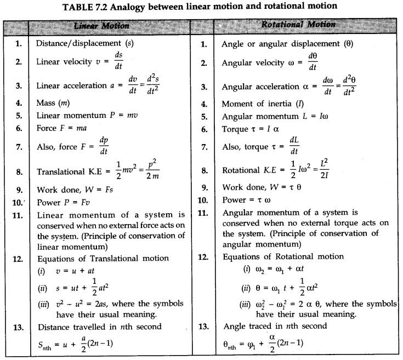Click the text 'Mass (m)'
click(x=53, y=102)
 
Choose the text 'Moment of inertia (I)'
click(x=256, y=103)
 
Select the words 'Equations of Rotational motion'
click(x=283, y=256)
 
